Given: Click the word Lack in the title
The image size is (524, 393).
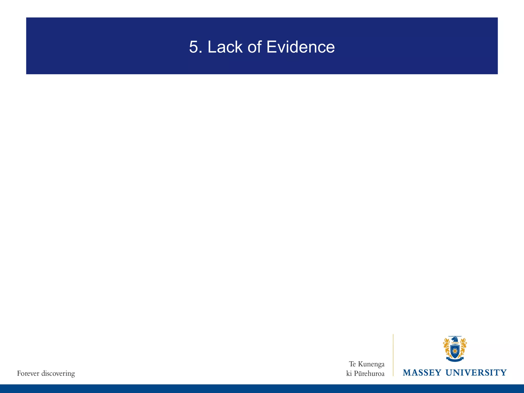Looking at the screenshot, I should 225,47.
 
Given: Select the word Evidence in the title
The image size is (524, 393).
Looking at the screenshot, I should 300,47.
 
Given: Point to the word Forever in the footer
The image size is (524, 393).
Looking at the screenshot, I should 28,374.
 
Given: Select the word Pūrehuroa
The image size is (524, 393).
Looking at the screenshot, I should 369,374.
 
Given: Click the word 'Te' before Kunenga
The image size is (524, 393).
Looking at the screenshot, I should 352,364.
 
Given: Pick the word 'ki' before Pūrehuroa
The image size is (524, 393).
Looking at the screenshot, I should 349,374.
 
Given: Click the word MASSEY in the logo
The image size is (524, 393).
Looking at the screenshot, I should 422,373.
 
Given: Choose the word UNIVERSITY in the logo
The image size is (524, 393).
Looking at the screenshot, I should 476,373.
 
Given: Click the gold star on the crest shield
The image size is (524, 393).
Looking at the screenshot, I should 455,350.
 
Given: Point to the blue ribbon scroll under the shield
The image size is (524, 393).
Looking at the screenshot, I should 455,359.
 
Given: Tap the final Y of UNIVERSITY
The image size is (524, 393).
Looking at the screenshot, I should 504,373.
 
